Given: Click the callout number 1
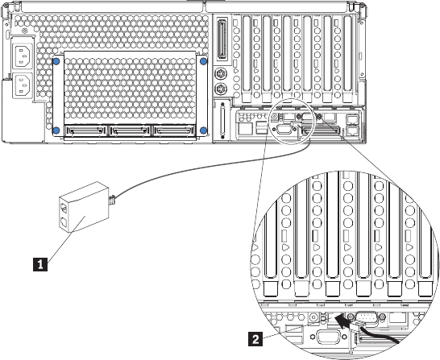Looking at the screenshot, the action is tap(40, 264).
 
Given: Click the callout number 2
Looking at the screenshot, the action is tap(255, 339).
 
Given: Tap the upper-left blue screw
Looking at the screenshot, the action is tap(56, 60).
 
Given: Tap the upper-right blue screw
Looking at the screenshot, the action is tap(203, 61).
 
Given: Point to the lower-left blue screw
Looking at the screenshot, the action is tap(56, 130).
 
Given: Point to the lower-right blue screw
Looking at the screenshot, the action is tap(203, 130).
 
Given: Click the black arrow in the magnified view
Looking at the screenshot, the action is tap(345, 321).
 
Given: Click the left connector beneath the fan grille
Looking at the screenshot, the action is tap(85, 130).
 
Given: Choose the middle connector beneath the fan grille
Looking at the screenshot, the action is tap(130, 130).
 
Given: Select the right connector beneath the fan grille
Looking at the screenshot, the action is tap(173, 130).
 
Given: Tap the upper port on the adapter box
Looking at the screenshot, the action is tap(64, 209).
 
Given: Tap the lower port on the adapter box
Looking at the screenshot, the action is tap(64, 221).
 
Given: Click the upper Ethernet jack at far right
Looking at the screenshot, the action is tap(352, 119).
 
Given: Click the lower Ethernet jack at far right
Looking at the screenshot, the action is tap(352, 130).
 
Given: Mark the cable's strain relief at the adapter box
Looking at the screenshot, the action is tap(112, 200).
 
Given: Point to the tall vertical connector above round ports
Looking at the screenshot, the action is tap(222, 39).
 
